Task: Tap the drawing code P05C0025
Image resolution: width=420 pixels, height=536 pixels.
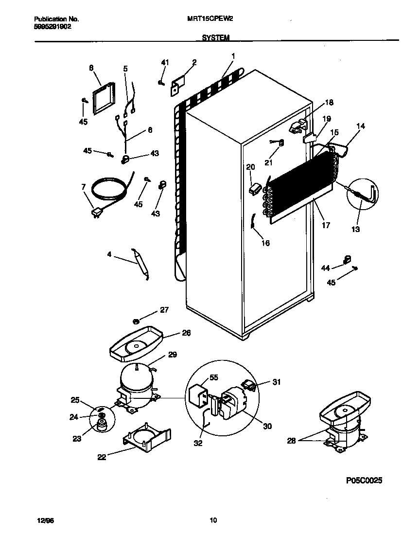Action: pos(364,481)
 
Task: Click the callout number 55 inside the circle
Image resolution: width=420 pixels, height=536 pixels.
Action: pos(200,377)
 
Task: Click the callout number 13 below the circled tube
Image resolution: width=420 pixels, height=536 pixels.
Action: pos(356,229)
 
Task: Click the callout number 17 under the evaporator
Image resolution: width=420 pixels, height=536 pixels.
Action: pos(326,225)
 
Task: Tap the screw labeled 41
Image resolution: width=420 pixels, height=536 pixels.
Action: pos(161,83)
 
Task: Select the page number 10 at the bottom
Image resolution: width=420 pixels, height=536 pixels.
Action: pos(213,520)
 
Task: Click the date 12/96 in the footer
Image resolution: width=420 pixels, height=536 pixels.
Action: pos(41,520)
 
